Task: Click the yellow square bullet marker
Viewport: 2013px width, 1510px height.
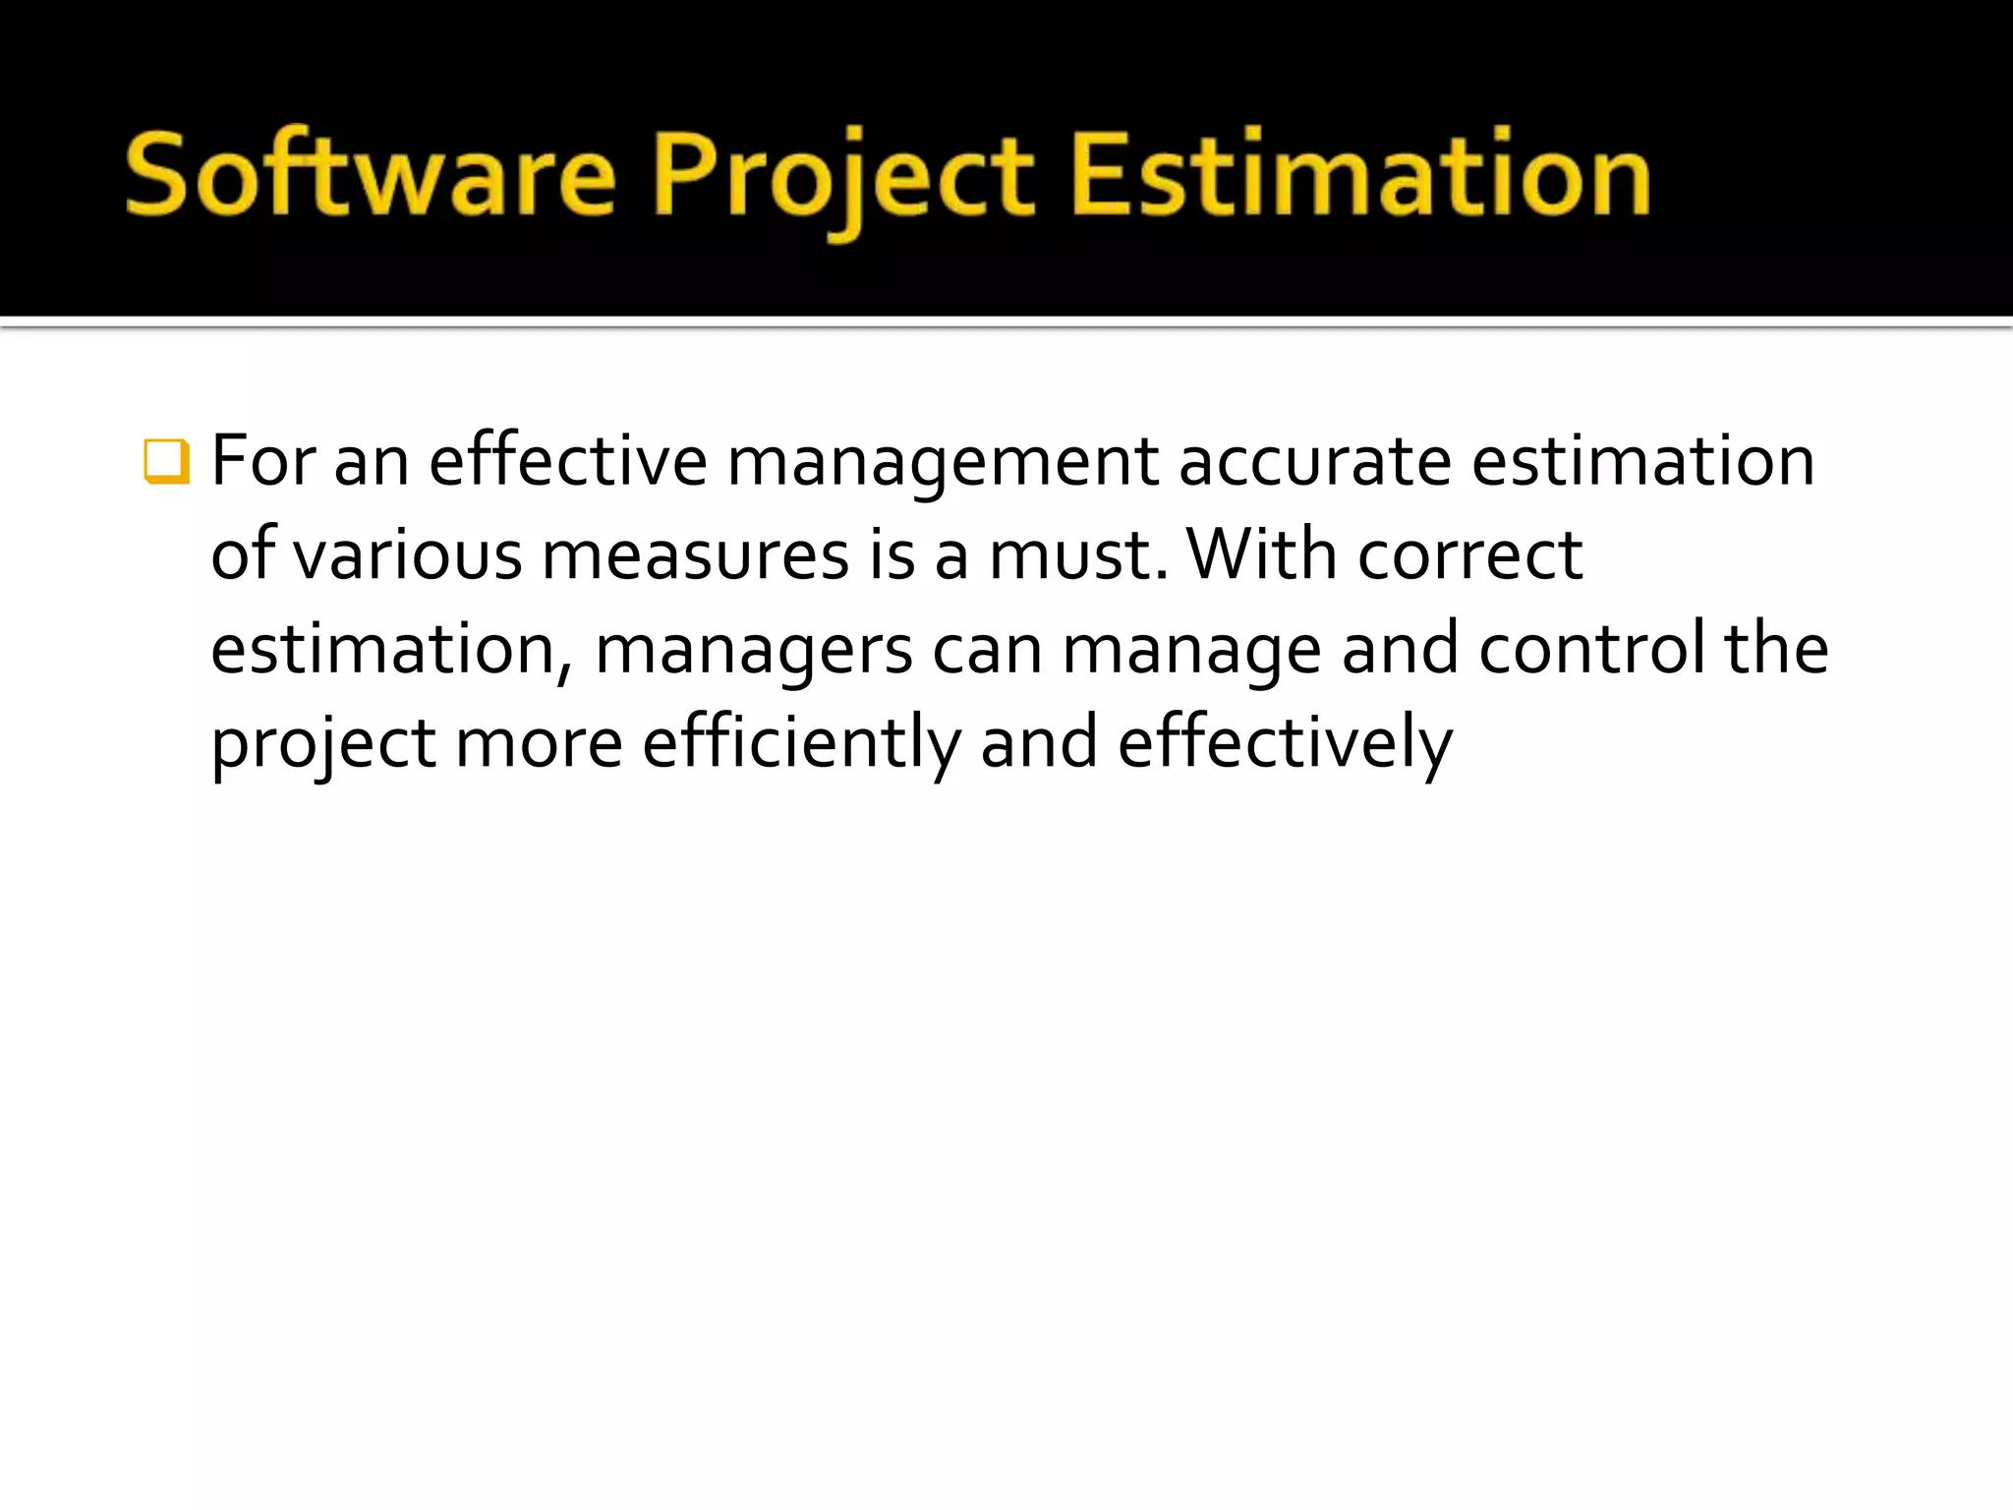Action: click(165, 461)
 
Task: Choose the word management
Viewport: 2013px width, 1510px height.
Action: click(942, 463)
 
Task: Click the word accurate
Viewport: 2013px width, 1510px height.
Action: click(1314, 461)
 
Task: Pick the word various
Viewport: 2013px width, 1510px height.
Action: click(408, 555)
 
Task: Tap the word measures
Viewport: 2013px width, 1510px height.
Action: click(695, 555)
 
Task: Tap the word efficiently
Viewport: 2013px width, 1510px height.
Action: click(801, 744)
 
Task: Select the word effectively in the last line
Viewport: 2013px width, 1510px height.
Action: click(1285, 744)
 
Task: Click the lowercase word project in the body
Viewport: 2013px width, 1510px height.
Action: click(323, 746)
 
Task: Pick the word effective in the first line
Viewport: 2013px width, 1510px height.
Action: click(568, 461)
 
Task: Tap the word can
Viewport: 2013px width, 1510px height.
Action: click(987, 650)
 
